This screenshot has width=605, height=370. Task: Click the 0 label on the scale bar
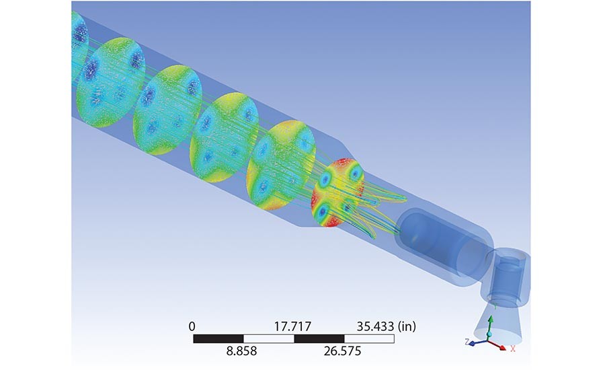coord(192,327)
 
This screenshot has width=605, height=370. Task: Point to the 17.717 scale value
coord(292,327)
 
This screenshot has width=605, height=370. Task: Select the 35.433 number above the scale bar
coord(375,327)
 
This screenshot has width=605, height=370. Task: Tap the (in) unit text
coord(407,327)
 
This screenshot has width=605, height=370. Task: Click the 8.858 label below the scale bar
coord(241,351)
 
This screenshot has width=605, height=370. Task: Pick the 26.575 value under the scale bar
coord(343,351)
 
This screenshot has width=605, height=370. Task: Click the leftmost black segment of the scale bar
coord(218,338)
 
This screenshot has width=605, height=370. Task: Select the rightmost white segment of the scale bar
coord(369,338)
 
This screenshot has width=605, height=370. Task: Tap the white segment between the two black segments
coord(268,338)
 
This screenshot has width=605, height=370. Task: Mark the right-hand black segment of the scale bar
coord(319,338)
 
